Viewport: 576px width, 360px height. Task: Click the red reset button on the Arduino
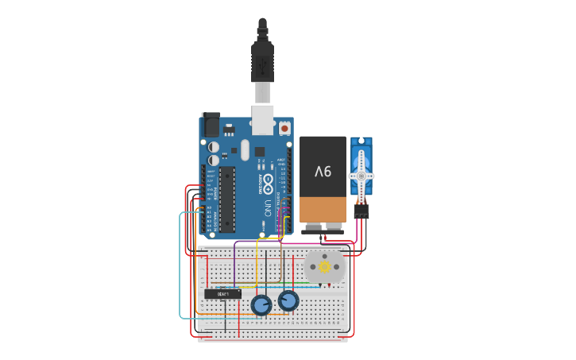(x=284, y=127)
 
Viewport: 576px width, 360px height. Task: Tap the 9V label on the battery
(x=323, y=171)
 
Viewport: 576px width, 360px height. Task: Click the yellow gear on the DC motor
(x=325, y=267)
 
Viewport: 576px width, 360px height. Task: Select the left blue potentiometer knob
(x=261, y=304)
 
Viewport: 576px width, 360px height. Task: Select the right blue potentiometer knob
(x=288, y=300)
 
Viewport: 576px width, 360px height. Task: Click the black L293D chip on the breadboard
(x=222, y=294)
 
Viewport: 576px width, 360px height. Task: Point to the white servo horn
(x=361, y=176)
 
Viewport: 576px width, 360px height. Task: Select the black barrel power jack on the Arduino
(x=211, y=126)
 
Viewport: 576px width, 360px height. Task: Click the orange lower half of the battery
(x=323, y=209)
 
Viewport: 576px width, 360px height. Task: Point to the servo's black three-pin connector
(x=361, y=211)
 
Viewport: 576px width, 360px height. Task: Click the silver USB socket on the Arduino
(x=262, y=118)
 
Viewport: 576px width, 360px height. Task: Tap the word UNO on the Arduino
(x=268, y=208)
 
